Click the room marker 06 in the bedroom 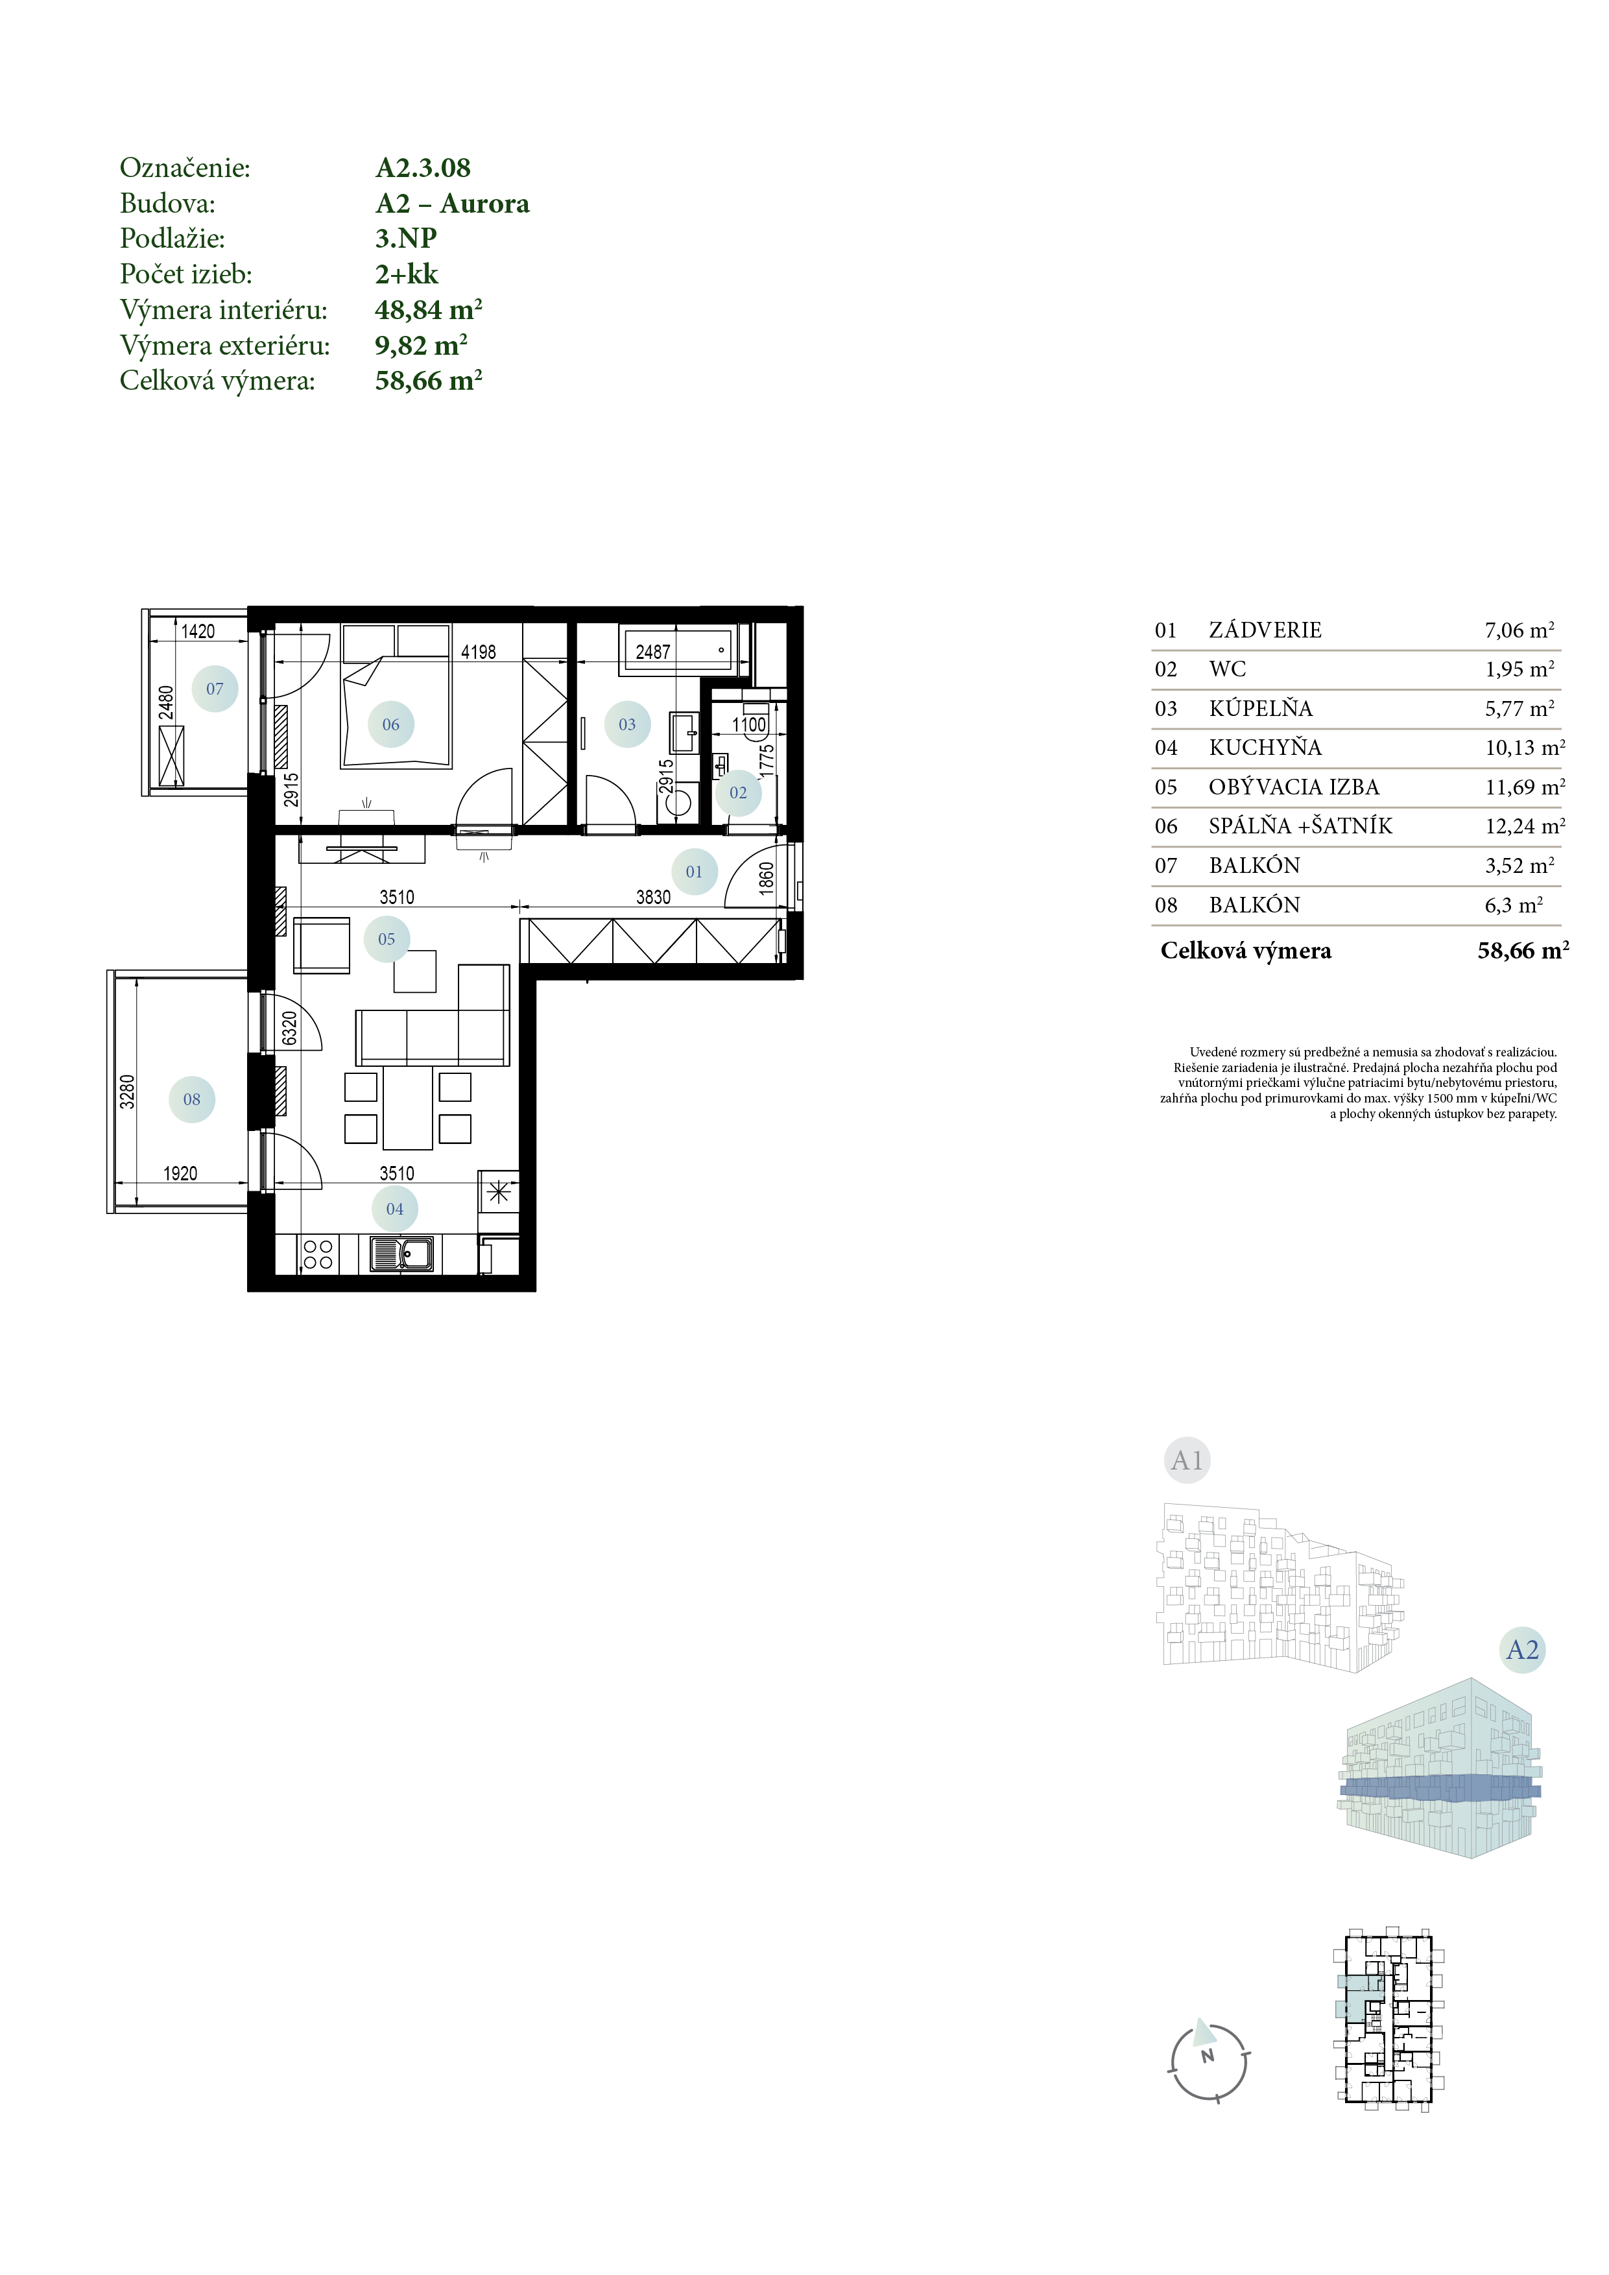point(390,724)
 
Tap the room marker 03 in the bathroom point(627,724)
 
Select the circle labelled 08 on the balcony point(192,1099)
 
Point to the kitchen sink point(401,1254)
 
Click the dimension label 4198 point(479,652)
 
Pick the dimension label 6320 point(289,1027)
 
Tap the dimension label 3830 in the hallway point(653,897)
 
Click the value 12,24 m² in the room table point(1525,826)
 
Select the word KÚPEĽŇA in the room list point(1260,708)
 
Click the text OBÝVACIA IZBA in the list point(1294,787)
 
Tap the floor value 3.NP point(406,238)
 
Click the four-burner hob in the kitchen point(318,1254)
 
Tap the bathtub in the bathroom point(678,650)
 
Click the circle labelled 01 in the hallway point(693,872)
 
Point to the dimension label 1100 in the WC point(749,724)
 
